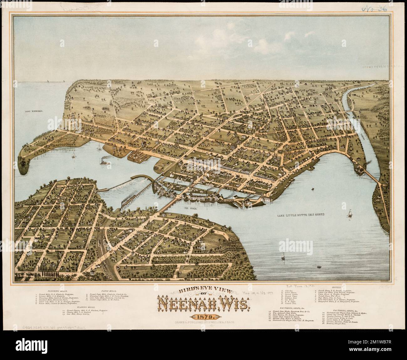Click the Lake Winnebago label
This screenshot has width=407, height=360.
click(x=34, y=111)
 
